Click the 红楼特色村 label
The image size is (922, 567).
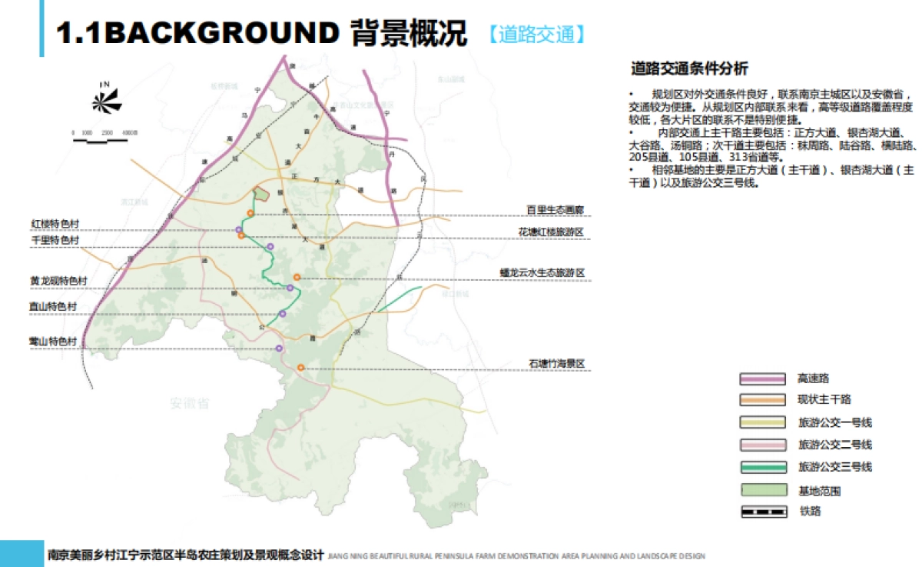click(x=54, y=224)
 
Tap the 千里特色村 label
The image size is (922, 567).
click(x=54, y=241)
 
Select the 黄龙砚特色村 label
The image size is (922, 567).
click(x=58, y=282)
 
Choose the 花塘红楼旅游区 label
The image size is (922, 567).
click(x=552, y=232)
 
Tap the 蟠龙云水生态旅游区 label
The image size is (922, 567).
click(x=542, y=273)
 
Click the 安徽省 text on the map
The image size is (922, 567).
click(x=190, y=403)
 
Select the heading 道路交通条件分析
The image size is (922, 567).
click(x=688, y=69)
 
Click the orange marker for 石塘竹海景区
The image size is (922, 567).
click(x=301, y=368)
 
